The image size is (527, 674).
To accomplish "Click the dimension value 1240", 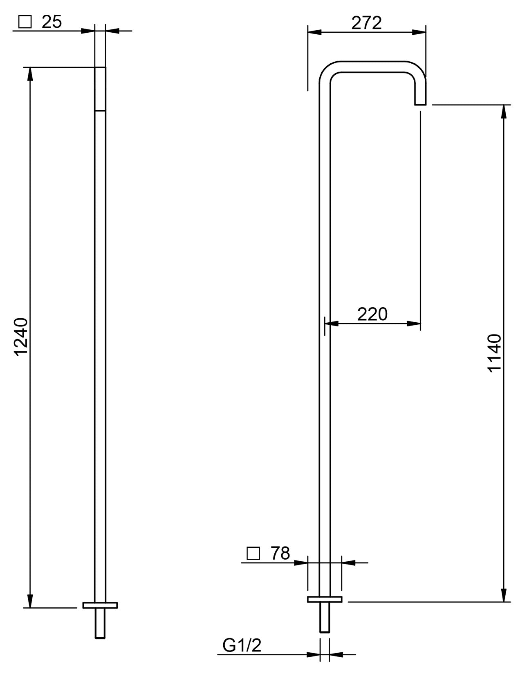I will tap(20, 336).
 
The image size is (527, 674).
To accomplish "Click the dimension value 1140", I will tap(494, 352).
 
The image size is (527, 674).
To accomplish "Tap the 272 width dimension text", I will tap(366, 23).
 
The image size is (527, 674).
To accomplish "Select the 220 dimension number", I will tap(372, 314).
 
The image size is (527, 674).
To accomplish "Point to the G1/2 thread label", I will tap(242, 645).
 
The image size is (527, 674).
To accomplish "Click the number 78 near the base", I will tap(280, 553).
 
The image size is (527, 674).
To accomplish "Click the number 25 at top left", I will tap(52, 22).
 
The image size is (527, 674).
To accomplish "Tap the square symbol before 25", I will tap(25, 22).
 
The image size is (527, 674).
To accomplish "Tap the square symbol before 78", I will tap(253, 554).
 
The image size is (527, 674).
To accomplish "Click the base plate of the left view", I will tap(100, 605).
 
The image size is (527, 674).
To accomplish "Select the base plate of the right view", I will tap(324, 599).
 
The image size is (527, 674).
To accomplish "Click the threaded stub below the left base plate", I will tap(100, 623).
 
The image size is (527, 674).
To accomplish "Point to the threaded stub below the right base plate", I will tap(324, 617).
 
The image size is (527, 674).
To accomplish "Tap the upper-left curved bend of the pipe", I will tap(327, 70).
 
